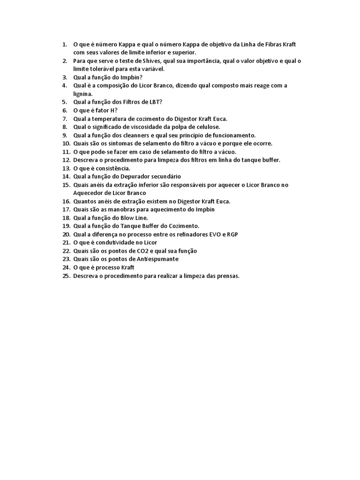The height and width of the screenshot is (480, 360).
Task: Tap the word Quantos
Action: (85, 201)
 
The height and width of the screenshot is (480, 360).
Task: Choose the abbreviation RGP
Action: (232, 234)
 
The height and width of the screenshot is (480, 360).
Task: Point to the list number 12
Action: (66, 160)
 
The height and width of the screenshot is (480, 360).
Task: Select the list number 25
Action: (66, 276)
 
